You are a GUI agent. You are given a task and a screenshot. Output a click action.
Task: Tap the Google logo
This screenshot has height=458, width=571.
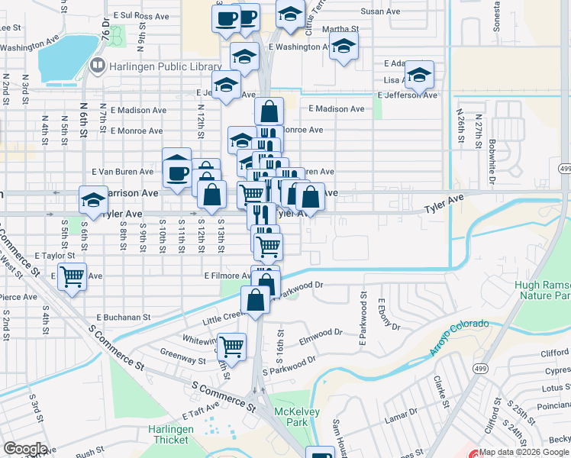pyautogui.click(x=25, y=448)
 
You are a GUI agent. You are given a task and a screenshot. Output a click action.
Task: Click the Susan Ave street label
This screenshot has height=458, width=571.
pyautogui.click(x=380, y=11)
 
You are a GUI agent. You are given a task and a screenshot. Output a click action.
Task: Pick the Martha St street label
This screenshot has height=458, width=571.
pyautogui.click(x=335, y=30)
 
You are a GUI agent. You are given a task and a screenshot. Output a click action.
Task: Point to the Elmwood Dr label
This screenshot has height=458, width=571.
pyautogui.click(x=321, y=333)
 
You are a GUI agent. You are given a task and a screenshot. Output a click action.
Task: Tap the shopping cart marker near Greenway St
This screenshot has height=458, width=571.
pyautogui.click(x=231, y=347)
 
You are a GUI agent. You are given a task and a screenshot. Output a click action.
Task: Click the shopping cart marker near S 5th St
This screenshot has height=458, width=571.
pyautogui.click(x=73, y=276)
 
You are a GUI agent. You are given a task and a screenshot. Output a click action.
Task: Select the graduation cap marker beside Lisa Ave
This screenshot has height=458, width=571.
pyautogui.click(x=419, y=75)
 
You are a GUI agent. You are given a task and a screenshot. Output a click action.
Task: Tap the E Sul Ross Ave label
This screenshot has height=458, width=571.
pyautogui.click(x=140, y=15)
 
